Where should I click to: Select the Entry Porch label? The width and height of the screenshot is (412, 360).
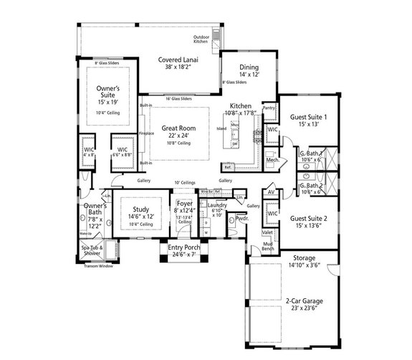tap(184, 248)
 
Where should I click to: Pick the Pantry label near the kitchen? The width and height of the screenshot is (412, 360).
tap(269, 108)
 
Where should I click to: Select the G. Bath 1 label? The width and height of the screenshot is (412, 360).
tap(310, 154)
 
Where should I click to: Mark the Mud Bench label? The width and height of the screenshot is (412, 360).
tap(267, 243)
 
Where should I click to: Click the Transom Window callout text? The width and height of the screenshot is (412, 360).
tap(97, 267)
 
